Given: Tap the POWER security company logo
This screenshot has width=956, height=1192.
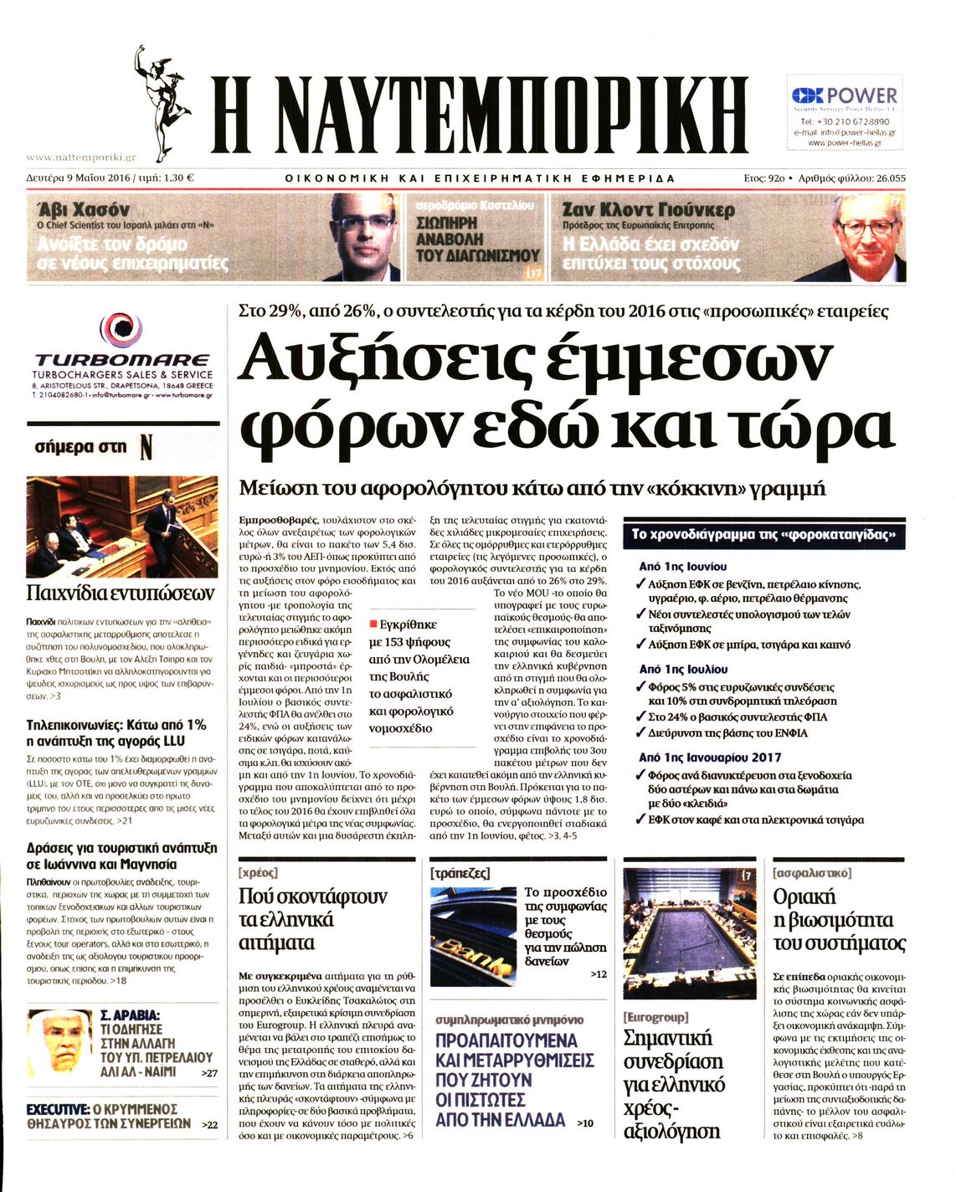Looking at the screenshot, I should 844,95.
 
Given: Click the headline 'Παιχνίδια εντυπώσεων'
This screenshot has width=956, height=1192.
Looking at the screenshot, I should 121,593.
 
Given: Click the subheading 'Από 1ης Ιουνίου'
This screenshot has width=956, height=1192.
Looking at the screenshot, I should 682,567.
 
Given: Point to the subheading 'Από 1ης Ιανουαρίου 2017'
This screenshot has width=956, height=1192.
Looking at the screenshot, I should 710,757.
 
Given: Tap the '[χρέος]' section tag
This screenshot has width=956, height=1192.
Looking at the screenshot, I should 259,872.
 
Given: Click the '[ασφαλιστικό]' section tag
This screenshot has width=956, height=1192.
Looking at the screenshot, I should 812,872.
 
